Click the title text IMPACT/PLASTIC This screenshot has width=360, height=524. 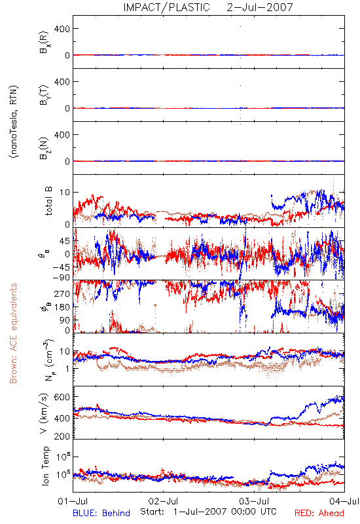tap(166, 7)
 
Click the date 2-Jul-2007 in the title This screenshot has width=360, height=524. tap(260, 7)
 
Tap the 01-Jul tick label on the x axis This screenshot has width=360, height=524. tap(73, 501)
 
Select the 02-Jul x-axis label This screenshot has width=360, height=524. tap(163, 501)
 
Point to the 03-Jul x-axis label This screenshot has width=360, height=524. tap(254, 501)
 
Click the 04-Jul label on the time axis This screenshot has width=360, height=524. tap(344, 501)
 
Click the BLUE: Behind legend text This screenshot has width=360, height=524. tap(101, 513)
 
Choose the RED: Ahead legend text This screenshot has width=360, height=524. tap(319, 513)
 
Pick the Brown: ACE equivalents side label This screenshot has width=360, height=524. tap(13, 333)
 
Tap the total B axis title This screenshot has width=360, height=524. tap(48, 201)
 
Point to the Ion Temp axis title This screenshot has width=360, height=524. tap(45, 466)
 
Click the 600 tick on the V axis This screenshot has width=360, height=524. tap(62, 397)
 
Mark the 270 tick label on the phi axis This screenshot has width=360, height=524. tap(62, 293)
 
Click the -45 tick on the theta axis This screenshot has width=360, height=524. tap(61, 267)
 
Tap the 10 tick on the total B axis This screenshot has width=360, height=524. tap(65, 193)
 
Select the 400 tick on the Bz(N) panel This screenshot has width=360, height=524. tap(62, 135)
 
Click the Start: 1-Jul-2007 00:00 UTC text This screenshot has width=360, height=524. tap(208, 512)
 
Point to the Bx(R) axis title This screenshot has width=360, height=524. tap(45, 43)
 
